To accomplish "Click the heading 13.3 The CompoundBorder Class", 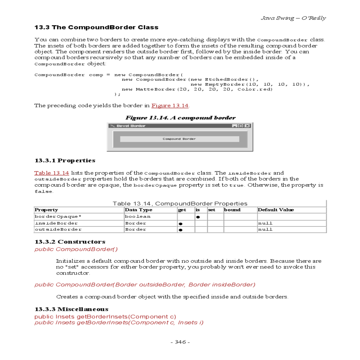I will coord(96,27).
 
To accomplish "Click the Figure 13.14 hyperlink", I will coord(170,106).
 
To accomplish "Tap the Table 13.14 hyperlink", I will coord(52,173).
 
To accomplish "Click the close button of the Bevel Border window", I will coord(247,126).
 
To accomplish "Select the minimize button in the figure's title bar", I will coord(235,126).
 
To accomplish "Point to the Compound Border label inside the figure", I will coord(179,139).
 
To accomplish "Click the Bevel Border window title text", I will coord(131,126).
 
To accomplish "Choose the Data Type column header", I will coord(139,210).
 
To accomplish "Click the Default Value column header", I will coord(276,210).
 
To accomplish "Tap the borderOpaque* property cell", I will coord(58,217).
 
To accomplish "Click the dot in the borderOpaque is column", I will coord(198,217).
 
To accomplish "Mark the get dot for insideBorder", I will coord(181,223).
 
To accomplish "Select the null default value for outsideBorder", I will coord(265,229).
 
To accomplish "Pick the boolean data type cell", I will coord(138,217).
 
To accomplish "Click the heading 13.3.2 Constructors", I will coord(70,242).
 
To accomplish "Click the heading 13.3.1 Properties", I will coord(65,160).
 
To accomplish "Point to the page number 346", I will coord(180,342).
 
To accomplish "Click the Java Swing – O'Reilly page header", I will coord(293,18).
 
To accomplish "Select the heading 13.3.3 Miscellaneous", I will coord(71,309).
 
